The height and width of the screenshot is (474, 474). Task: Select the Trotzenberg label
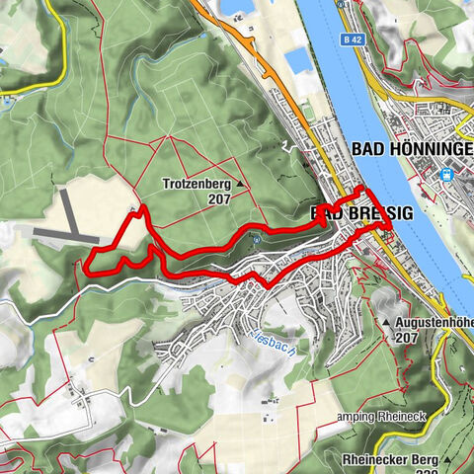pos(198,184)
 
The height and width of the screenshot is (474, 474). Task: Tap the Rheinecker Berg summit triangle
pos(446,458)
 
